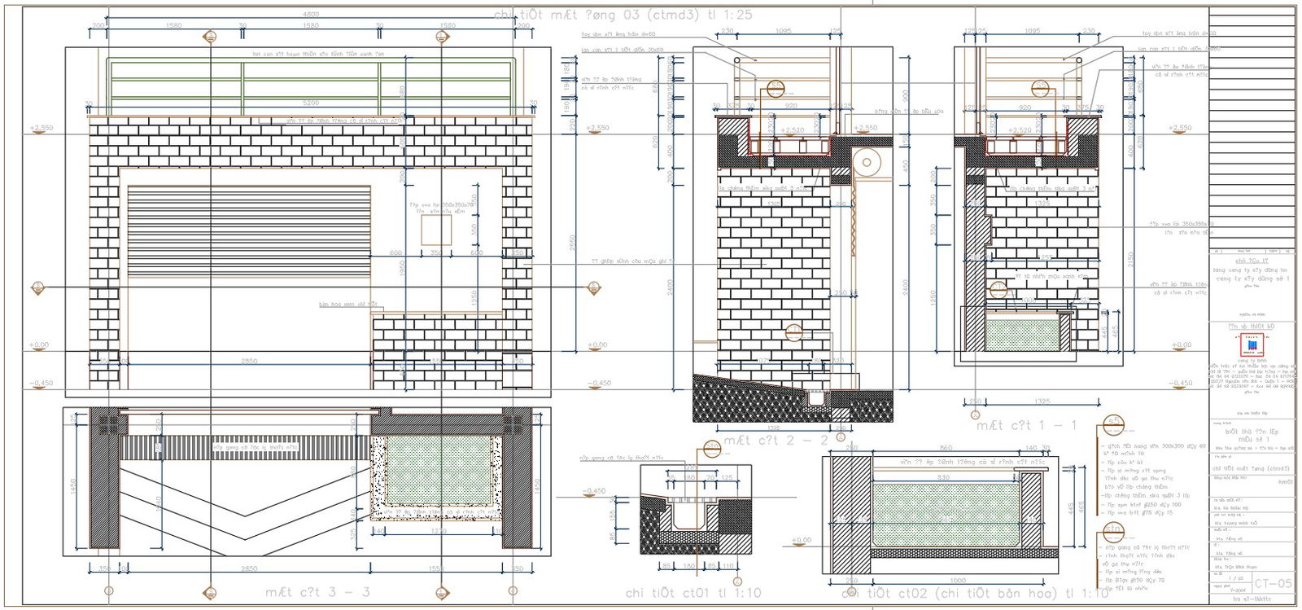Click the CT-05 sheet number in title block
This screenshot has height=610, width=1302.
1273,583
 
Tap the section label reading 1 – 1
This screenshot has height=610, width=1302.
1026,425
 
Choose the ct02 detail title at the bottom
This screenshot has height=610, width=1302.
975,593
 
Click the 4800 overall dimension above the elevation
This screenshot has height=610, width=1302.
311,15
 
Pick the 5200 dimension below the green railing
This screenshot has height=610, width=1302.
311,103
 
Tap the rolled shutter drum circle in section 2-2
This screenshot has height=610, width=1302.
867,162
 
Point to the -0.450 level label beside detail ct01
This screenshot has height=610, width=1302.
595,491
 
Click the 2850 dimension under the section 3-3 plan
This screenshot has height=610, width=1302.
249,568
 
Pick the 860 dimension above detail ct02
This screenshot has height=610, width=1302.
946,448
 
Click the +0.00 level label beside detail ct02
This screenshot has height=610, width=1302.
802,539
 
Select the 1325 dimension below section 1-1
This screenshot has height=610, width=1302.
1042,401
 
